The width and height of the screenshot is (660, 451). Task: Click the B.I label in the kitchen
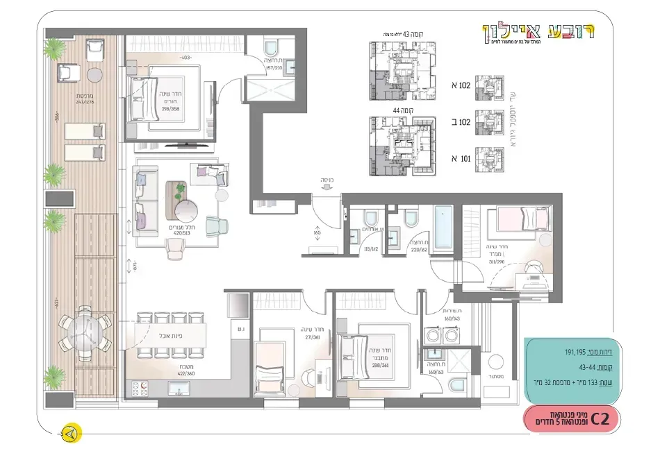(241, 329)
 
